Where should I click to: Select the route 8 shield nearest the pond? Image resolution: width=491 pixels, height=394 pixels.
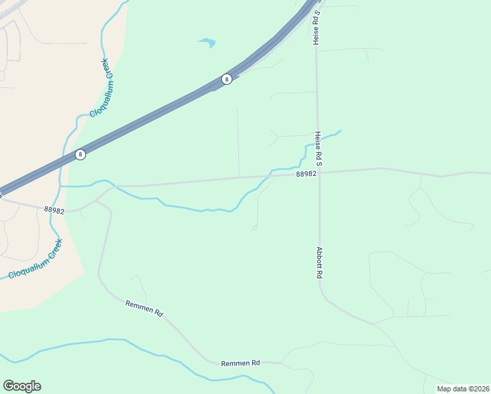coord(226,79)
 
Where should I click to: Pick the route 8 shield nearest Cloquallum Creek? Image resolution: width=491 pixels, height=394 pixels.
coord(80,155)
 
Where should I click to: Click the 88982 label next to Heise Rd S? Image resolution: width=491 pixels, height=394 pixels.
coord(307,174)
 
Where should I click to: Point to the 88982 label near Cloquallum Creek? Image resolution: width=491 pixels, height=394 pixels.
coord(54,210)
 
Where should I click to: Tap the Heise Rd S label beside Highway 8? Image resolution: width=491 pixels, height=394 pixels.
coord(316,28)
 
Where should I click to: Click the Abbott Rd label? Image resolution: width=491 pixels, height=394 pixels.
coord(320,263)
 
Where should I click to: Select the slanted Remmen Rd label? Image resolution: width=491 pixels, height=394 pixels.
coord(144,308)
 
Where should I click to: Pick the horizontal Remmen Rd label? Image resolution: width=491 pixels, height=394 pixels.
coord(240,363)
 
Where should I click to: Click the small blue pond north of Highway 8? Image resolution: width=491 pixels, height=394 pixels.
coord(207,43)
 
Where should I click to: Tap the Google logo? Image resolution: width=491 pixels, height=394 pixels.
coord(22,386)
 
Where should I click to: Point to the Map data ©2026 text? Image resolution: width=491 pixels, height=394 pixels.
coord(462,389)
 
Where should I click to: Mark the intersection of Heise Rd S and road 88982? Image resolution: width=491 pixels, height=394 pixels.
coord(318,173)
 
